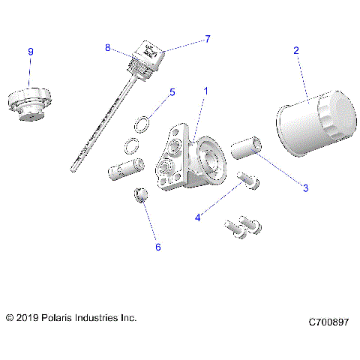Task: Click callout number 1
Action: (205, 91)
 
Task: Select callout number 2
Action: (296, 50)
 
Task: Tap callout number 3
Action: (305, 187)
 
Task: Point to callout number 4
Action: (198, 217)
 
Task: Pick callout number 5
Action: (172, 92)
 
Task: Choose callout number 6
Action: (157, 246)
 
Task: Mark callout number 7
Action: (208, 38)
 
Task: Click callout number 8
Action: (108, 47)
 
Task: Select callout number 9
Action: (31, 51)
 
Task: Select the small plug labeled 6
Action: (139, 196)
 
